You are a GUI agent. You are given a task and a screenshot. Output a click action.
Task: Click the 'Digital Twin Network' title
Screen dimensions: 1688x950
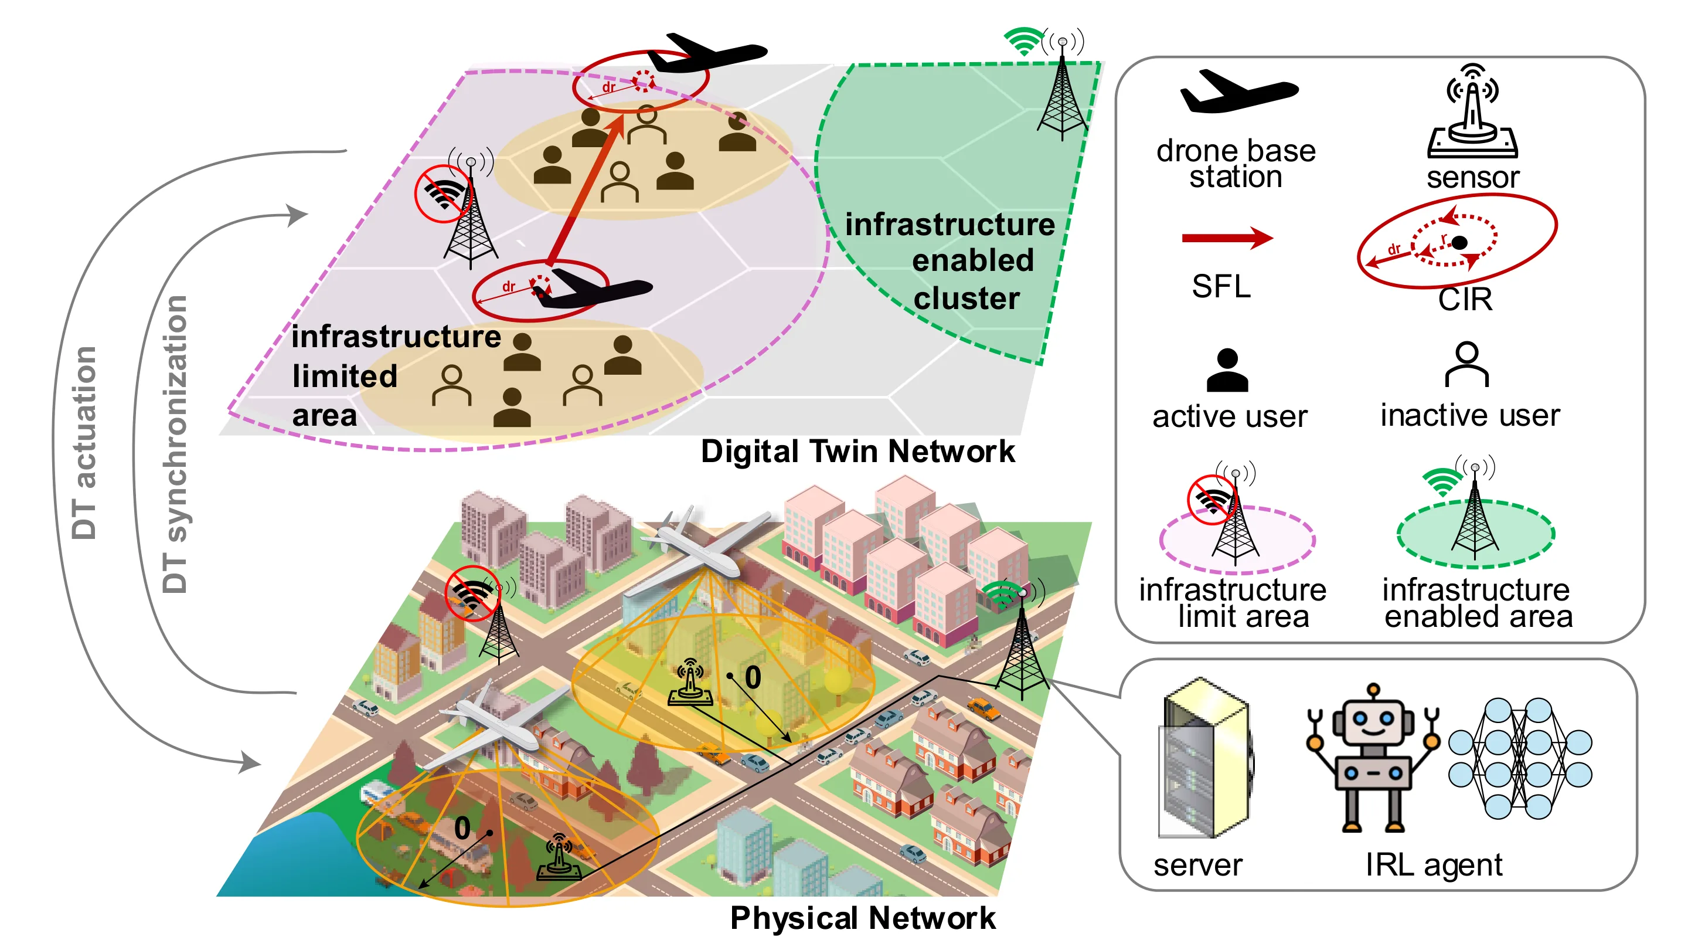click(857, 452)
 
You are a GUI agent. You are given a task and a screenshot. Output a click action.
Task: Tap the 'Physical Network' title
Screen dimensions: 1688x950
click(862, 918)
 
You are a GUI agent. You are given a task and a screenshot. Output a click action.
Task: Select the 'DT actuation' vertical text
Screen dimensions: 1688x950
click(84, 443)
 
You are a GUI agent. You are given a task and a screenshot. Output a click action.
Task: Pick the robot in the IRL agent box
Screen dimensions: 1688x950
click(1372, 758)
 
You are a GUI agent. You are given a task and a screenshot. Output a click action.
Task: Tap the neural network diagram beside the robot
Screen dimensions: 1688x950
click(1520, 759)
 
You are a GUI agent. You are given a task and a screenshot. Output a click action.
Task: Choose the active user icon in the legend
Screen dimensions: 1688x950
click(1227, 370)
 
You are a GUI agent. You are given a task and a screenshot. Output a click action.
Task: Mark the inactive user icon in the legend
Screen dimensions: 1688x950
click(1466, 365)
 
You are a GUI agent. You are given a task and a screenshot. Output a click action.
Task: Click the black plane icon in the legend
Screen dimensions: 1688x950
click(1238, 91)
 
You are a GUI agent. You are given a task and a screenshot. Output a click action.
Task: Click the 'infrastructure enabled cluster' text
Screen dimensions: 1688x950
click(950, 261)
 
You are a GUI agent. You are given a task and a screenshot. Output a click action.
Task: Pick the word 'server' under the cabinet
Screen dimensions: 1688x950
click(1198, 866)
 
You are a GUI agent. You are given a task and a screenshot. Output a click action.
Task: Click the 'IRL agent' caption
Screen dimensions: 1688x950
click(1434, 866)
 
